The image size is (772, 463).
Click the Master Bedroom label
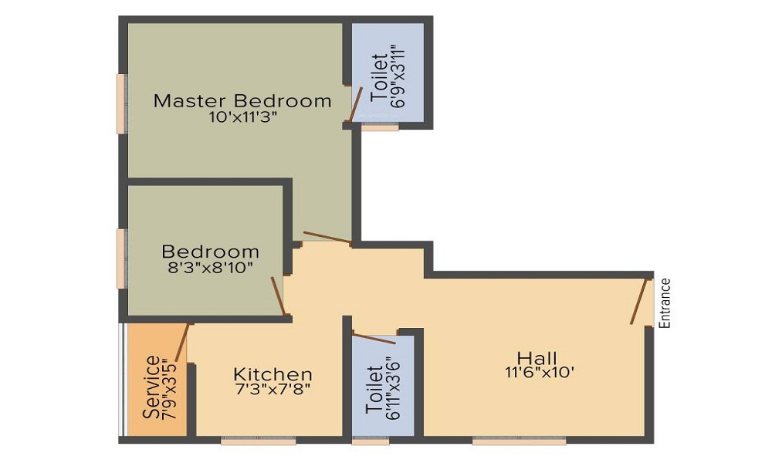pos(242,100)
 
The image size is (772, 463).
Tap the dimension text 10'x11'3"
pos(242,118)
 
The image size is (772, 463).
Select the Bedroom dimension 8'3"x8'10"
pos(210,267)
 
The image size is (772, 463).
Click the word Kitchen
pos(273,374)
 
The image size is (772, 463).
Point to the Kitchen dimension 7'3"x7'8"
pos(273,389)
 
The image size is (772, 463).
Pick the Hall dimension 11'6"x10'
pos(537,372)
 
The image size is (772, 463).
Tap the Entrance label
pos(665,303)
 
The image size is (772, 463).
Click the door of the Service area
pos(182,343)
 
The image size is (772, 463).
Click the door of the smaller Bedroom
pos(278,296)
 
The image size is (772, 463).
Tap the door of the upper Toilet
pos(356,105)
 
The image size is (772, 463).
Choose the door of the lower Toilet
pos(374,338)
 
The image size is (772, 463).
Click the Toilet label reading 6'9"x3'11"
pos(388,79)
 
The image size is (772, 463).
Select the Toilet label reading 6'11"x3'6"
pos(384,391)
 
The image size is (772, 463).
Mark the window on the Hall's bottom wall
pos(519,441)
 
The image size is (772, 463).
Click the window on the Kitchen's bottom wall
pos(259,441)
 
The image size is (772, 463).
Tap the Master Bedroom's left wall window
pos(121,103)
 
